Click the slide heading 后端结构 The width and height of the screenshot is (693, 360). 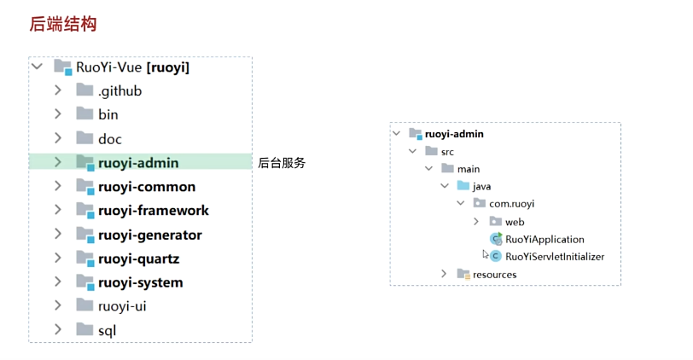[63, 24]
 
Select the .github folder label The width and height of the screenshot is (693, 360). [119, 90]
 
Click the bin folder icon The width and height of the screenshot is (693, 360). [84, 114]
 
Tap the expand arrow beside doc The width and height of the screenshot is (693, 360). [58, 138]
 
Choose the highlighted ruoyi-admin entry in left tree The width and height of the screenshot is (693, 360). [137, 162]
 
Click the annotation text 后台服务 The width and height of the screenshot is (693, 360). [282, 163]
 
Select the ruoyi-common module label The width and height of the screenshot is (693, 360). [146, 187]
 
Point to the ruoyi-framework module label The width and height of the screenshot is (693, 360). [153, 211]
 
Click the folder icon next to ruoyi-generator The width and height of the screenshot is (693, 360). [84, 235]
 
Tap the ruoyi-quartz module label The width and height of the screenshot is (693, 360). [138, 258]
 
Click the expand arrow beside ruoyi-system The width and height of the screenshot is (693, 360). [58, 282]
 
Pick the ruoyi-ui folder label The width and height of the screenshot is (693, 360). [128, 305]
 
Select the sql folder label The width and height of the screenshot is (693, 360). [107, 330]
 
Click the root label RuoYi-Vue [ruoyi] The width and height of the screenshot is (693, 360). [132, 67]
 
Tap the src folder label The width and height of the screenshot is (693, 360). [447, 151]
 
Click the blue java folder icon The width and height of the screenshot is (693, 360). [463, 185]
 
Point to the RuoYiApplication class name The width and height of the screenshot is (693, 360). [544, 239]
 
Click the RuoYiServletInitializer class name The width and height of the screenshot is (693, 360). [555, 256]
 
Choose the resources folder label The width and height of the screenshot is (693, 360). [495, 275]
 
